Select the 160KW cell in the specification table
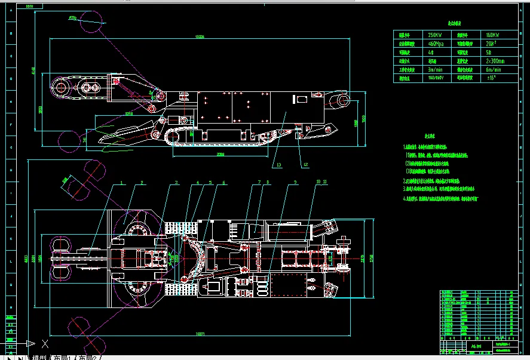(495, 35)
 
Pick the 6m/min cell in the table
(495, 69)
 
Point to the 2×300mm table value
(495, 60)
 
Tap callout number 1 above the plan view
(121, 183)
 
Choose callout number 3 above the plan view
(176, 183)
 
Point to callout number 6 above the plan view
(223, 183)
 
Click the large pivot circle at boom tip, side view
(62, 88)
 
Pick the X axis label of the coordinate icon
(44, 343)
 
